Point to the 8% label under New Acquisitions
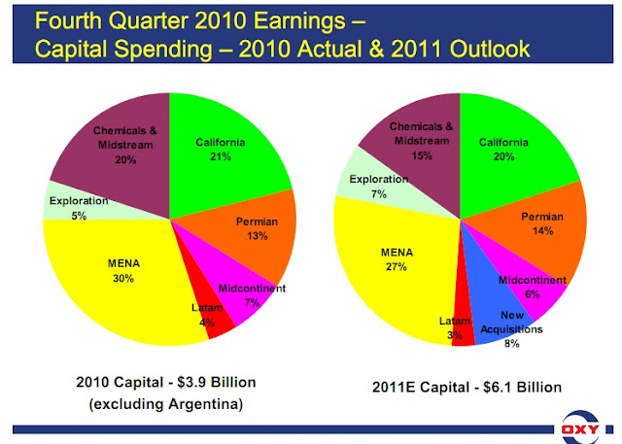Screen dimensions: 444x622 pos(512,343)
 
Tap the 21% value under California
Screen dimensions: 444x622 pos(219,156)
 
